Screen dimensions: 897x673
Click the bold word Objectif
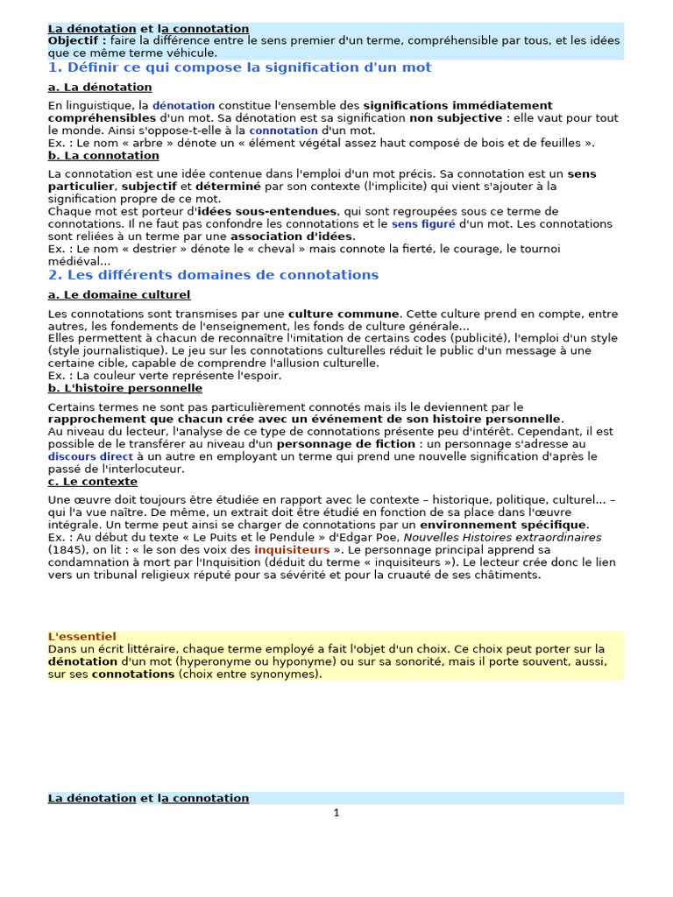point(76,41)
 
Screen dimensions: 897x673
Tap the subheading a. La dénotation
point(100,88)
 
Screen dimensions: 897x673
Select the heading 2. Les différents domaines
point(214,275)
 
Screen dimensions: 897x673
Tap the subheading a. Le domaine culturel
point(119,295)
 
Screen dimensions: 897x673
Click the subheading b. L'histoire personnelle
point(125,388)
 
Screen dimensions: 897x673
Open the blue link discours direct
point(91,456)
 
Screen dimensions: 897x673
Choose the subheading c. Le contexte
point(93,482)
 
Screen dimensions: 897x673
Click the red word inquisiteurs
point(292,550)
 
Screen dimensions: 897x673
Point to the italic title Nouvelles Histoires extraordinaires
point(502,537)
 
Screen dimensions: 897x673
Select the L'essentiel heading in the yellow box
point(81,636)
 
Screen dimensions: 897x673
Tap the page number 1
point(336,813)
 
